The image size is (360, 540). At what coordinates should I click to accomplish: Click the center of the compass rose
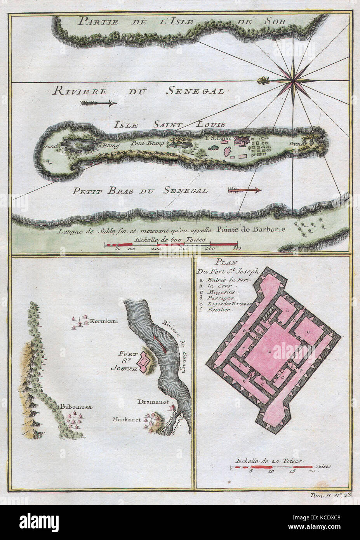pos(292,81)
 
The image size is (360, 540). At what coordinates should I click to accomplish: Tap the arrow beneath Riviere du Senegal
pos(99,103)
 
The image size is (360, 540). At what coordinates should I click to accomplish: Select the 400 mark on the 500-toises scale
pos(210,248)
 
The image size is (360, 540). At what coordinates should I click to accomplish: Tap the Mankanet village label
pos(127,419)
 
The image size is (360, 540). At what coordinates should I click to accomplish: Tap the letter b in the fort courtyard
pos(268,351)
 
